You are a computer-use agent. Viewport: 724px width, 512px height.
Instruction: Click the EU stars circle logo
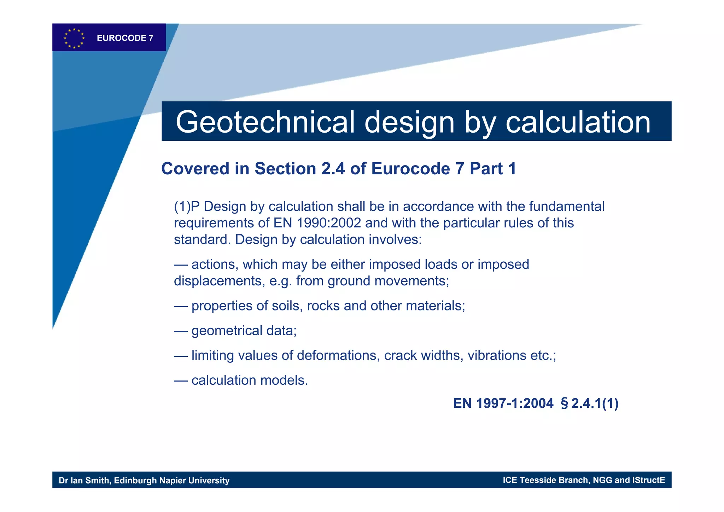[74, 38]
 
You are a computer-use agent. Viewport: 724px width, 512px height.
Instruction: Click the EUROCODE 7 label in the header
[125, 38]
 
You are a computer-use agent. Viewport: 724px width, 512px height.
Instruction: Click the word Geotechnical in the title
[265, 122]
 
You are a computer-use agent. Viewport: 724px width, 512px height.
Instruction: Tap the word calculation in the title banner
[578, 122]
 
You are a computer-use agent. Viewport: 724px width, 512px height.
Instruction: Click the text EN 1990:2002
[317, 223]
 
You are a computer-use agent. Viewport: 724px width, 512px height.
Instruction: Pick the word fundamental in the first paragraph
[567, 206]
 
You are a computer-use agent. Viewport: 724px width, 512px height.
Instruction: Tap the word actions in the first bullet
[213, 264]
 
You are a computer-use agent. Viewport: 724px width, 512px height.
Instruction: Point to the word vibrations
[497, 355]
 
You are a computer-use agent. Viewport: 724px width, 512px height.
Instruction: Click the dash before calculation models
[180, 380]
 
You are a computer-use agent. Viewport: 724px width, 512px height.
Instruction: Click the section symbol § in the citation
[564, 403]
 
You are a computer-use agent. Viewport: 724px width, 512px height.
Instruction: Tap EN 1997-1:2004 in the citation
[503, 403]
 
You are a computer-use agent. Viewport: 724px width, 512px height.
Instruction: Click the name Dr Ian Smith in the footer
[84, 481]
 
